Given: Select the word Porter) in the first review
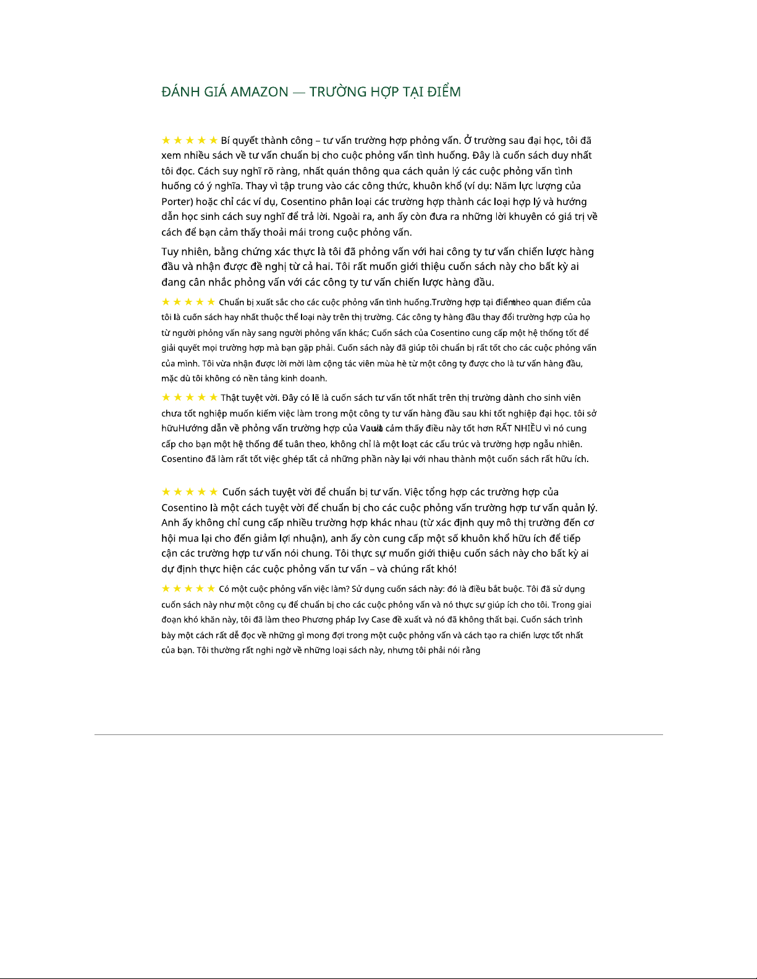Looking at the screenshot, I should coord(177,201).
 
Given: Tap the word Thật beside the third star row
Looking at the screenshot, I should coord(230,398).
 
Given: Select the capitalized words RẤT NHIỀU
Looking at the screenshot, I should coord(518,428).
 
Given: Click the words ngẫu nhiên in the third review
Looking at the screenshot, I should coord(560,443).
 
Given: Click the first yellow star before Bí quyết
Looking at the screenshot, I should coord(166,140).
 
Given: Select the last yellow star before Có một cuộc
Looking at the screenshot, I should coord(211,589).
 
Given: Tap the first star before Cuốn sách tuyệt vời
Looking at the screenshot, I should coord(166,492).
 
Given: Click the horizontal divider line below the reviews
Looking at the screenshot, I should coord(378,734).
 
